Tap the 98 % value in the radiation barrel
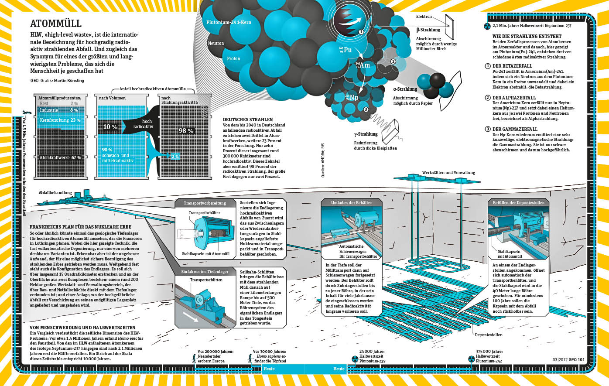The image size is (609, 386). tap(186, 131)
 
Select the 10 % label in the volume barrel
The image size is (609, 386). tap(110, 127)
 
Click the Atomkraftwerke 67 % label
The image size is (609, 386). tap(60, 157)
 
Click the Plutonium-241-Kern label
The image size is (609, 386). tap(229, 22)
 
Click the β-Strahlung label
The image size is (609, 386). tap(428, 30)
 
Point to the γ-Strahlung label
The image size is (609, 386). tap(366, 134)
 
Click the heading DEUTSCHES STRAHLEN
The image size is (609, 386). tap(248, 120)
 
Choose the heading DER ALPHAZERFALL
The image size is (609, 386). tap(514, 98)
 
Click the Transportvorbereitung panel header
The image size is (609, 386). tap(205, 203)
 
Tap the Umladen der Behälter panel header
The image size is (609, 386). tap(351, 203)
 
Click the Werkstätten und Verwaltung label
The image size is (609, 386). tap(448, 173)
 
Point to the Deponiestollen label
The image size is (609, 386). tap(489, 335)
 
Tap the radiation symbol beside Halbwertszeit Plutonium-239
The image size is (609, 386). tap(354, 359)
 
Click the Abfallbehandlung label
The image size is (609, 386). tap(55, 193)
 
